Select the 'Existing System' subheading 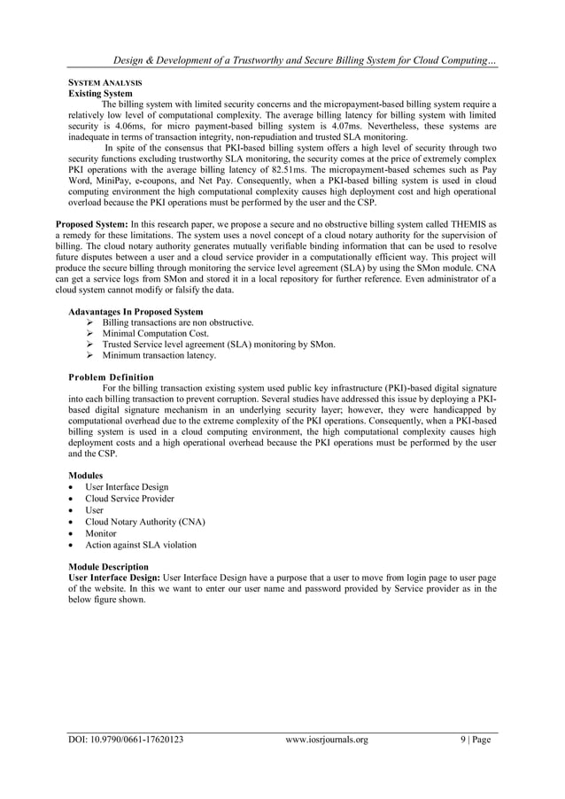click(x=101, y=91)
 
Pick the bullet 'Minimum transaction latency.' click(x=159, y=355)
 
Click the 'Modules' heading click(x=86, y=475)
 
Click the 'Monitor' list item click(x=102, y=533)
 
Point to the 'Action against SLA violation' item click(x=141, y=545)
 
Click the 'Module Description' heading click(x=108, y=567)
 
